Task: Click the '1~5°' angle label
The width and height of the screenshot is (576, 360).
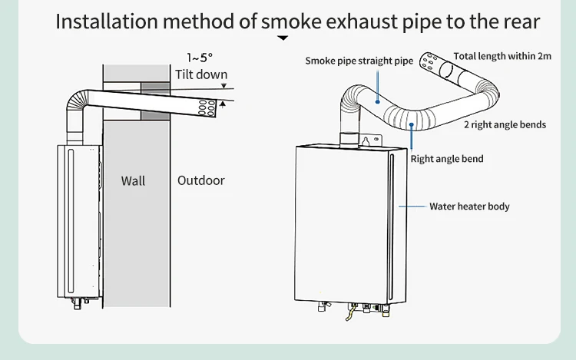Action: click(x=199, y=58)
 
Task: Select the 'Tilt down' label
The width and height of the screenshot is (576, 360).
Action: click(x=201, y=74)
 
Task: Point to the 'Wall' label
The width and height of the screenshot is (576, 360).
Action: click(x=133, y=181)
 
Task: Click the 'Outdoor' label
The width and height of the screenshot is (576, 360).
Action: click(x=201, y=180)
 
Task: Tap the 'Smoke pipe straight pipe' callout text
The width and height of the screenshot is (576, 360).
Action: click(x=359, y=61)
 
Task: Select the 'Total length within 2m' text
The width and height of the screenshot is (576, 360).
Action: click(x=502, y=56)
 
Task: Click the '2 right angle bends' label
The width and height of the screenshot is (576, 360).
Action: click(x=505, y=124)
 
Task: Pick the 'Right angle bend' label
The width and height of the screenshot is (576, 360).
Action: click(x=447, y=159)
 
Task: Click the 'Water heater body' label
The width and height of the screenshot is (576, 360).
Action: click(x=469, y=206)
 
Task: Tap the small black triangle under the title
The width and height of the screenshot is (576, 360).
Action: click(x=283, y=38)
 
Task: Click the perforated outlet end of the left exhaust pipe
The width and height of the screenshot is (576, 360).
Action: click(x=207, y=107)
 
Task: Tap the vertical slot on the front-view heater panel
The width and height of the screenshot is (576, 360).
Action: click(x=392, y=223)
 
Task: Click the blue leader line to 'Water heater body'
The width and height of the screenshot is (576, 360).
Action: click(x=413, y=206)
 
